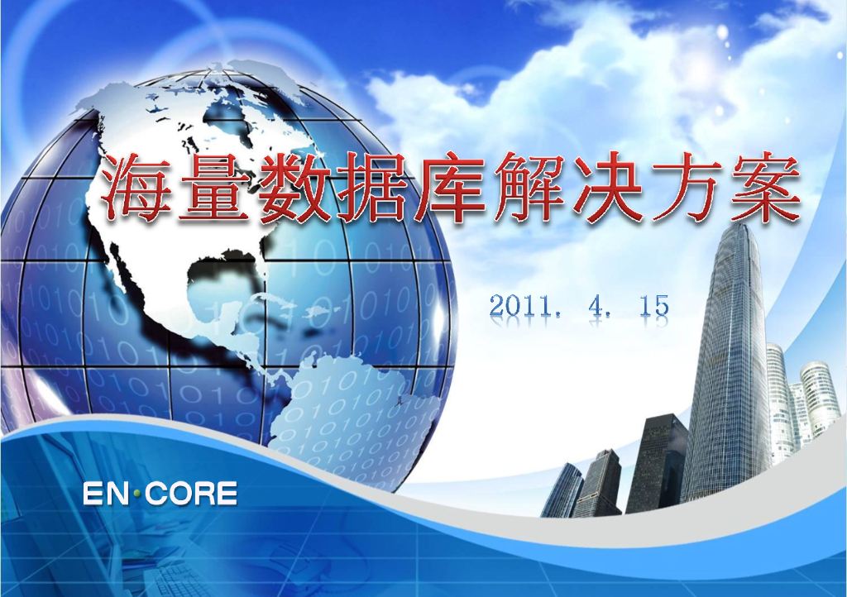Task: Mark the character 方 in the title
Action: (684, 189)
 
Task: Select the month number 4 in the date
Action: (596, 306)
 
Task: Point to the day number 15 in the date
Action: (653, 306)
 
